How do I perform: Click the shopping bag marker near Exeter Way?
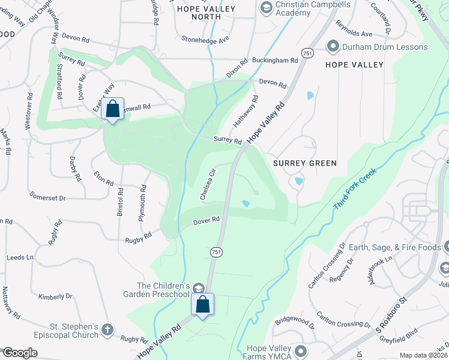pos(112,109)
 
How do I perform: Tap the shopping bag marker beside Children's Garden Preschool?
pos(202,304)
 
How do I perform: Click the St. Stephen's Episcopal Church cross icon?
pos(107,329)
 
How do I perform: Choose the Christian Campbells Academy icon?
pos(266,7)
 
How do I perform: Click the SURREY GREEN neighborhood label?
pos(304,163)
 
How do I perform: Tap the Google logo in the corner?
pos(20,353)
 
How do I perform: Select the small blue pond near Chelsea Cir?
pos(246,203)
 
